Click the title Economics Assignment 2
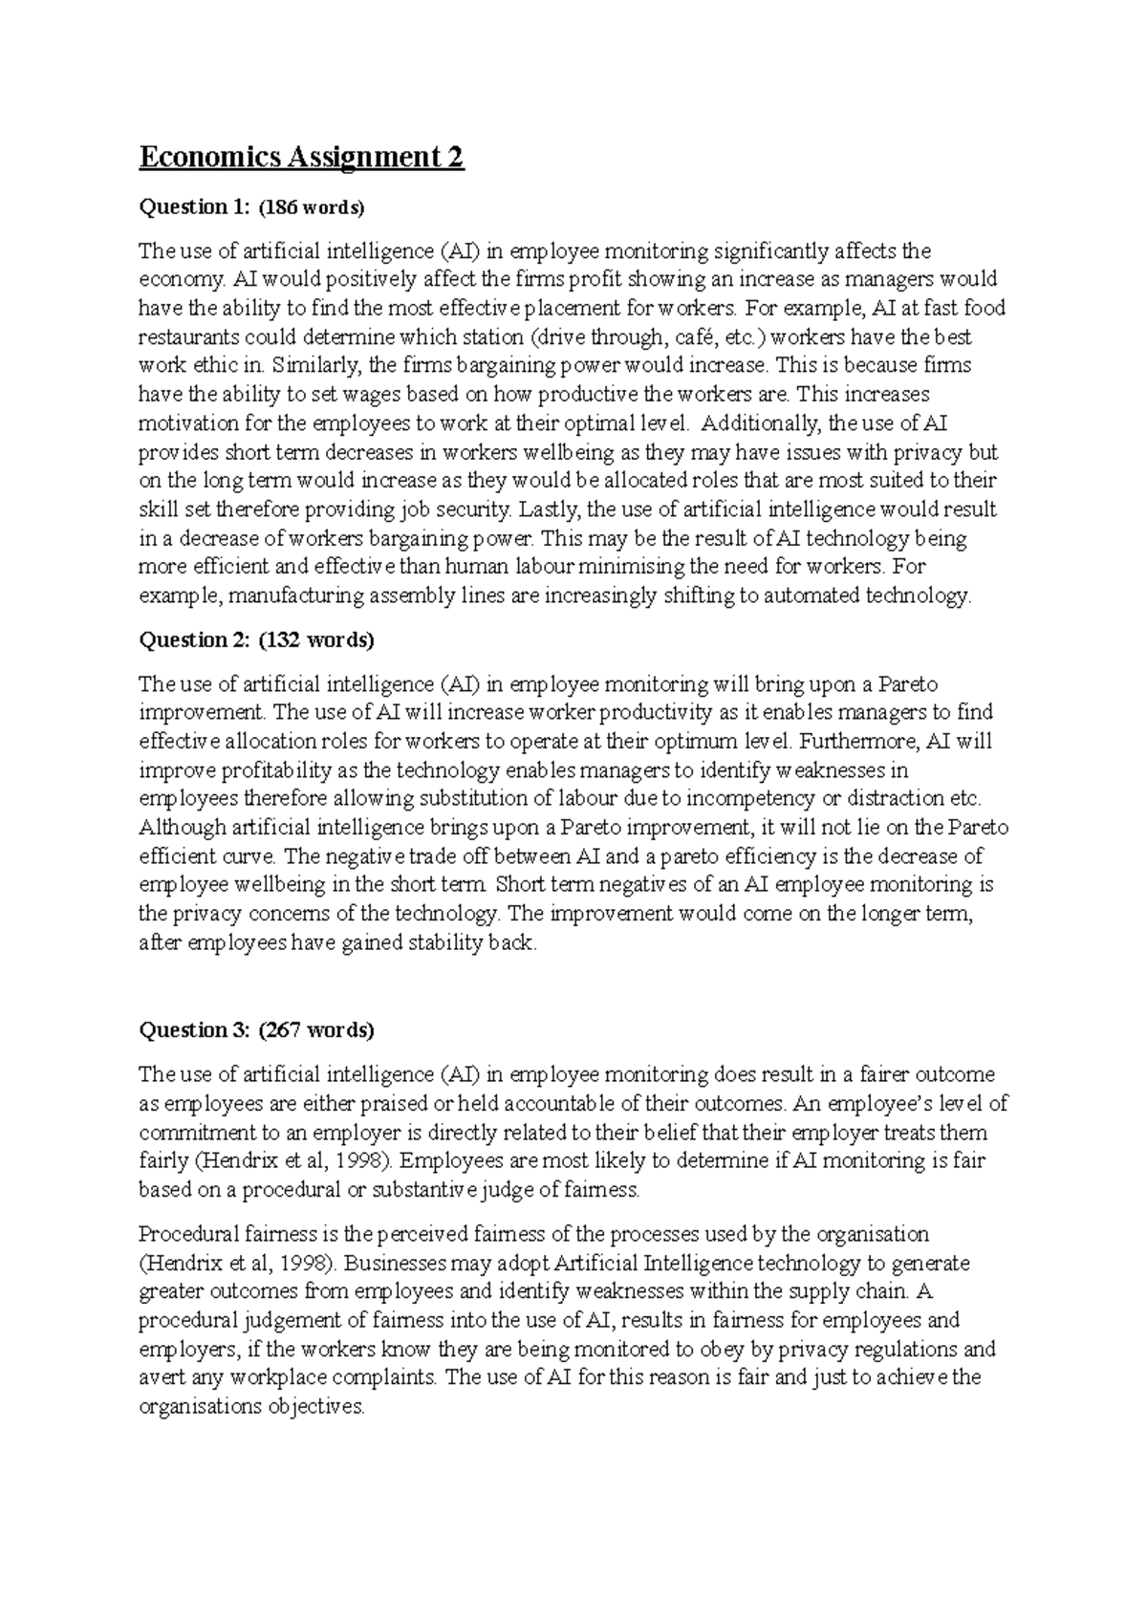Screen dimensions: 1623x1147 301,157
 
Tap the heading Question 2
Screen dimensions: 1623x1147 194,640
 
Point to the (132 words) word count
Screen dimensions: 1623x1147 316,640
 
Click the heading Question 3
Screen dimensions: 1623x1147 194,1030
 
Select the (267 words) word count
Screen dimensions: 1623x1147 316,1030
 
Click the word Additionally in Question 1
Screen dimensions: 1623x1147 759,423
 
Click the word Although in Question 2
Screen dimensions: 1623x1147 182,828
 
